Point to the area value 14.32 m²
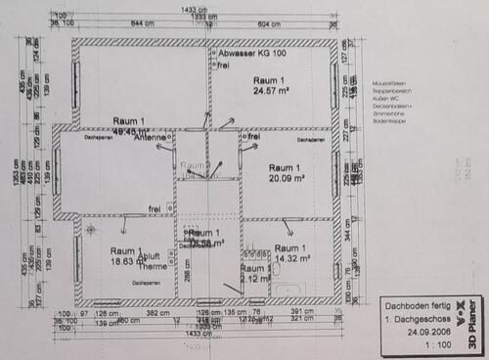click(291, 258)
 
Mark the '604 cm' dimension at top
click(270, 23)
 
